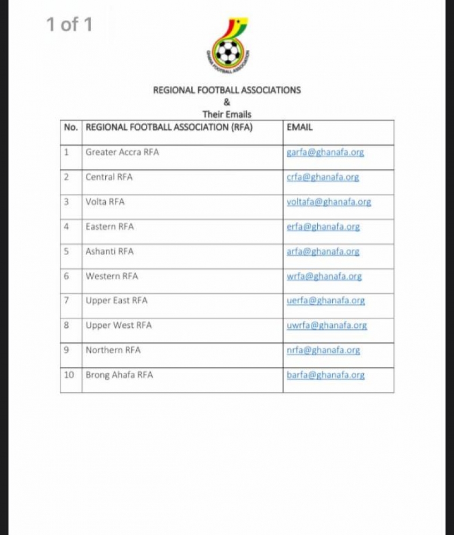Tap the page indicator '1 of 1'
pyautogui.click(x=69, y=24)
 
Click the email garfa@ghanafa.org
pyautogui.click(x=325, y=152)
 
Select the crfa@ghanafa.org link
pyautogui.click(x=323, y=177)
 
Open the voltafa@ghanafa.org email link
pyautogui.click(x=328, y=202)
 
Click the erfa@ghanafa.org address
pyautogui.click(x=323, y=226)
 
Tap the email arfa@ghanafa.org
pyautogui.click(x=323, y=251)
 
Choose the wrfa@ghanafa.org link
pyautogui.click(x=324, y=276)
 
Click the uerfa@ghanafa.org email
pyautogui.click(x=325, y=301)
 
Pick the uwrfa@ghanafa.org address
pyautogui.click(x=326, y=325)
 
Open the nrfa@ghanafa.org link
pyautogui.click(x=323, y=350)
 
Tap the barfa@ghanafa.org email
pyautogui.click(x=325, y=375)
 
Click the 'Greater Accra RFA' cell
pyautogui.click(x=122, y=152)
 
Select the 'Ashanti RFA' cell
pyautogui.click(x=109, y=251)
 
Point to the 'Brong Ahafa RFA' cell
pyautogui.click(x=119, y=375)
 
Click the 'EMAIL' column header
pyautogui.click(x=300, y=128)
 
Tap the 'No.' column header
pyautogui.click(x=71, y=128)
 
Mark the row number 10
pyautogui.click(x=69, y=375)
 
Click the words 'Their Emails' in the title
pyautogui.click(x=226, y=114)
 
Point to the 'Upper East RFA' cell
pyautogui.click(x=116, y=301)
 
